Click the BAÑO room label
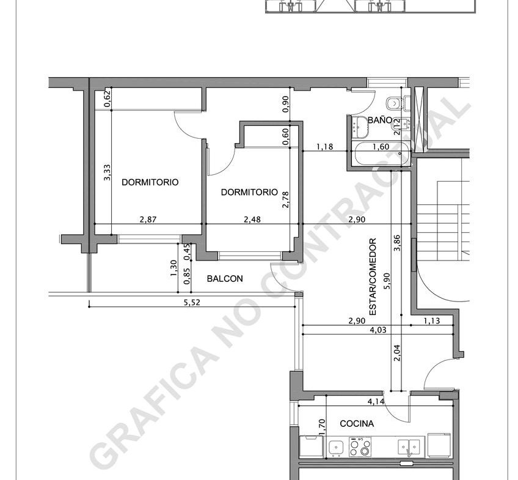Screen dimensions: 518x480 point(379,120)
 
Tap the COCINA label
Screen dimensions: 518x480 point(357,424)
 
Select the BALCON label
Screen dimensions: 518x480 point(225,279)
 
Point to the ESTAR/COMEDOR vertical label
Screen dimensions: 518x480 point(373,277)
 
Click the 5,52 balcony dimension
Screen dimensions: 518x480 point(192,302)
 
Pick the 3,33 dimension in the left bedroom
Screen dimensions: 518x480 point(107,172)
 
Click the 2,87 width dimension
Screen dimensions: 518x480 point(148,219)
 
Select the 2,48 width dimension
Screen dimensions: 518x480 point(252,219)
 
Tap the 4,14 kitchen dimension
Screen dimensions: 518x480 point(376,401)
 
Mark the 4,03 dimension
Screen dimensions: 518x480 point(378,330)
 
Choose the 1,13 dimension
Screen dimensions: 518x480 point(432,320)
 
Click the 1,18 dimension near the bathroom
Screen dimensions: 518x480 point(325,147)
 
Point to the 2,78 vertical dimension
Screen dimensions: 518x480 point(286,200)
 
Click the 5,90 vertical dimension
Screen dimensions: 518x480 point(387,281)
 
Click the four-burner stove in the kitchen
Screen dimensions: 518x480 point(360,446)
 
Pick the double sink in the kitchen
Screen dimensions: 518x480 point(409,447)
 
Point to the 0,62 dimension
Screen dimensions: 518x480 point(107,99)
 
